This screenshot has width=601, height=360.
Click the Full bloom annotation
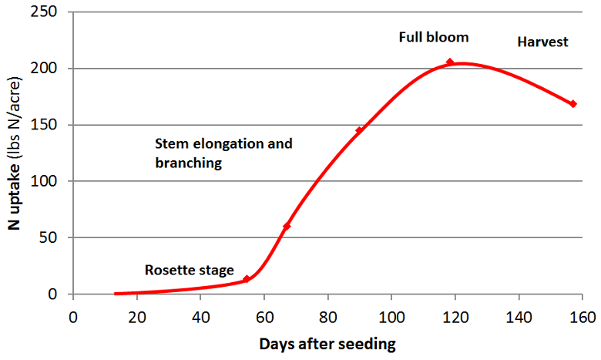click(433, 36)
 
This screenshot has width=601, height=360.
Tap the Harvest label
click(542, 42)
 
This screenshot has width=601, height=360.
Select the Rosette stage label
click(189, 270)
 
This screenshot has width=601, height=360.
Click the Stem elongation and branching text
click(223, 153)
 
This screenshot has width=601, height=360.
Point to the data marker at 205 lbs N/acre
click(450, 62)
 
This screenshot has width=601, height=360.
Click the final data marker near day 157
click(572, 104)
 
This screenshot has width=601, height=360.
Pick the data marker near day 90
click(359, 130)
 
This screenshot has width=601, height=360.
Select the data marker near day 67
click(287, 227)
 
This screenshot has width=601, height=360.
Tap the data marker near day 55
click(247, 279)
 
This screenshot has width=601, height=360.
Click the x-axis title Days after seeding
click(327, 344)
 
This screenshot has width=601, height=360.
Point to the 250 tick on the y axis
click(49, 12)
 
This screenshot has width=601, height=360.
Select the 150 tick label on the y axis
click(49, 125)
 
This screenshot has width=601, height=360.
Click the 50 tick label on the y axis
click(52, 237)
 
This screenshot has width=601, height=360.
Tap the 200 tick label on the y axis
click(49, 69)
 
